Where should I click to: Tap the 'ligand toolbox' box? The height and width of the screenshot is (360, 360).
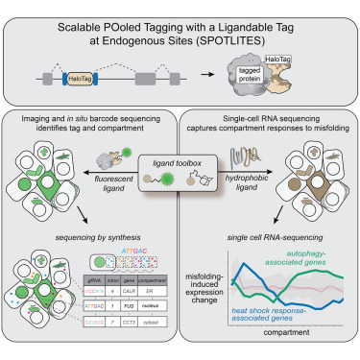(x=180, y=171)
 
